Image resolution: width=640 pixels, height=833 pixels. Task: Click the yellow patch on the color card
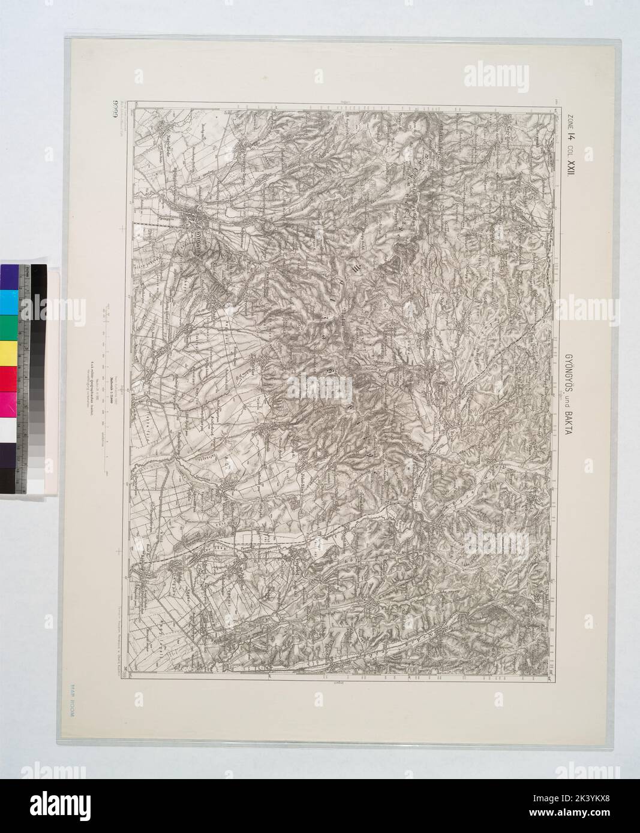9,351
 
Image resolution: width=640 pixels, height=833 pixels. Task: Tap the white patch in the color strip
9,428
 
